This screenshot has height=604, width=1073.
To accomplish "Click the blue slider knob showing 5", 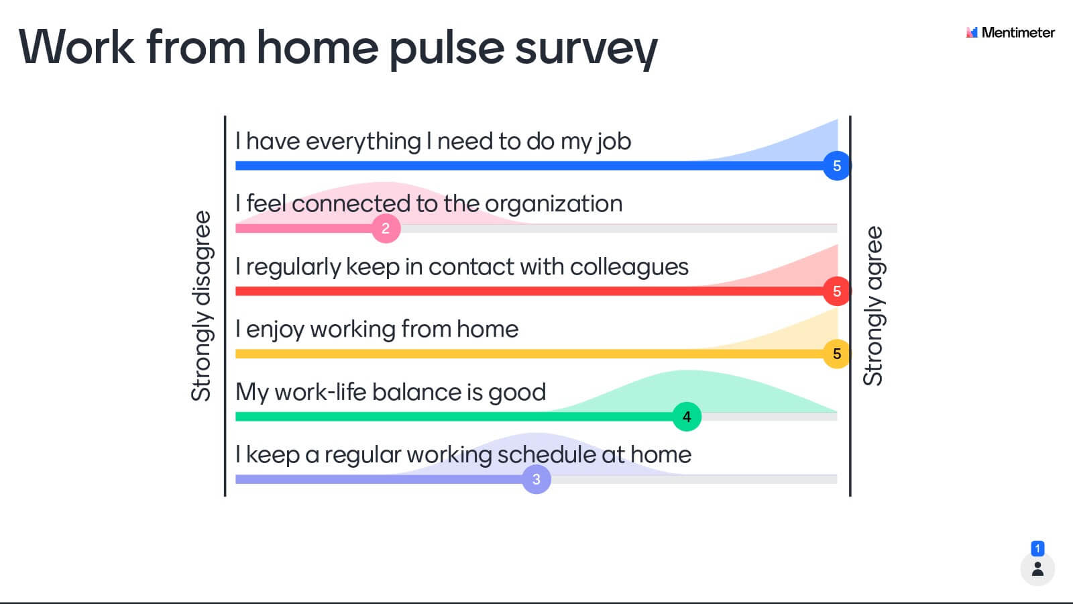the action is [x=837, y=166].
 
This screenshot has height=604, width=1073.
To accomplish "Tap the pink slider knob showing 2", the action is [x=386, y=228].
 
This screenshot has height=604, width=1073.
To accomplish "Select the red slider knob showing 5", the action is [x=837, y=291].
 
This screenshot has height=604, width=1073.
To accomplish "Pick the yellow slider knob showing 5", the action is [x=837, y=354].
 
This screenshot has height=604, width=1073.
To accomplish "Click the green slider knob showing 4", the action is [x=687, y=417].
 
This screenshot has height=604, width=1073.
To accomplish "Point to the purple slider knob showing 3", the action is [x=536, y=479].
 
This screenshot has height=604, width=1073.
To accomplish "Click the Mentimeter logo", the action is [x=1010, y=33].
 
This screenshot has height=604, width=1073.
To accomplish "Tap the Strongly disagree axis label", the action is [x=201, y=306].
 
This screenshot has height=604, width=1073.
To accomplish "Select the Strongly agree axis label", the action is [x=873, y=306].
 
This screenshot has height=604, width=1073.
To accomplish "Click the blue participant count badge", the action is [x=1037, y=548].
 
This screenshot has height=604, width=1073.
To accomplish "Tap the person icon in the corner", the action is [x=1037, y=569].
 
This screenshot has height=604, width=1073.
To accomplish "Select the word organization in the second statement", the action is [x=554, y=204].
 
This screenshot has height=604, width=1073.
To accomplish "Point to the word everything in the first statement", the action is [x=363, y=142].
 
